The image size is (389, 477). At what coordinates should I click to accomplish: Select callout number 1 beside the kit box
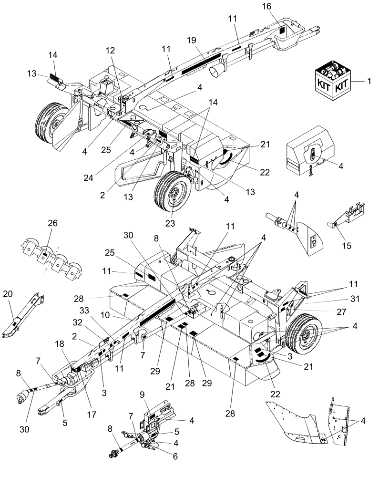click(369, 82)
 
